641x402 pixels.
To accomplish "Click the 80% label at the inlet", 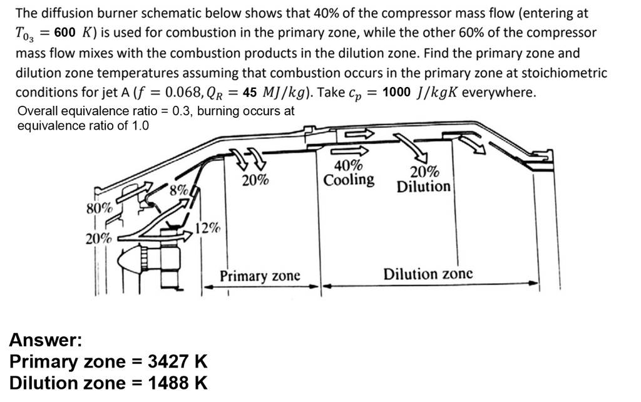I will [x=99, y=208].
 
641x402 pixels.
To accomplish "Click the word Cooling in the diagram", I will [x=349, y=180].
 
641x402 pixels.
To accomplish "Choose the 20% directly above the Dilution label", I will [x=424, y=172].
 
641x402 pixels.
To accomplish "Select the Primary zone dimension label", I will [x=260, y=276].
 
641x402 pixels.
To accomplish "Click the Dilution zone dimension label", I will [x=428, y=274].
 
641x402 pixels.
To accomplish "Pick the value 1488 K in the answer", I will [x=177, y=383].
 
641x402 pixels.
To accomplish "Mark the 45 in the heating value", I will [x=250, y=93].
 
